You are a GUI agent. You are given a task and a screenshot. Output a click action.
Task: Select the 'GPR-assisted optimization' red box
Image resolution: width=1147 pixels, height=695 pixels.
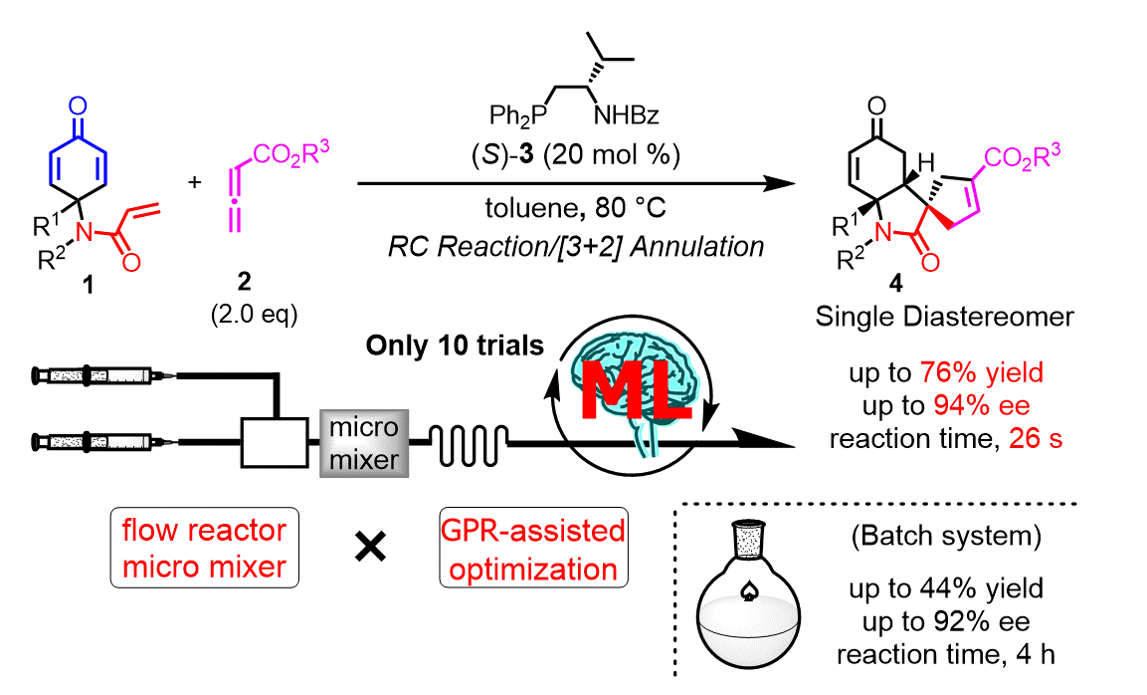tap(532, 550)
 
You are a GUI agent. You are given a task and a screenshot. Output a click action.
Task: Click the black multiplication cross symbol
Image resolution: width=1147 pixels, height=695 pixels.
tap(370, 549)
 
